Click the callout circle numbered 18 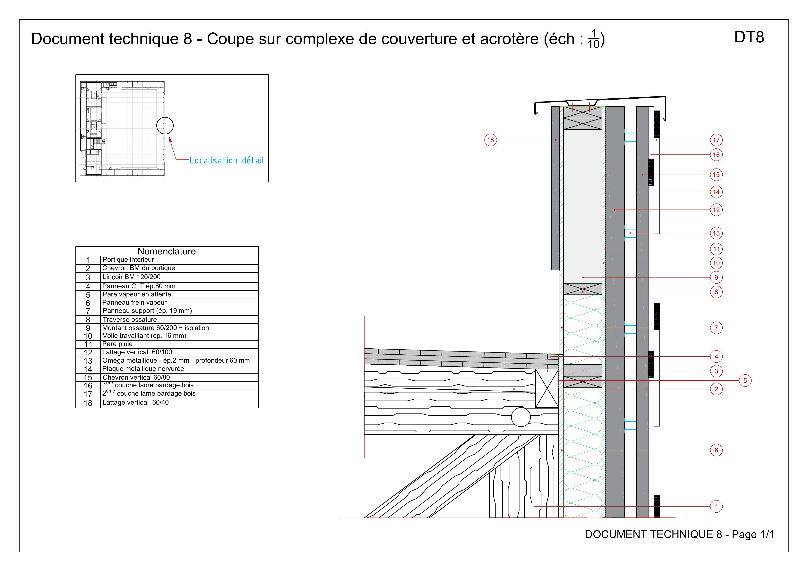tap(490, 140)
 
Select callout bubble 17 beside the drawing tap(716, 140)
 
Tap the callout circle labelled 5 tap(745, 380)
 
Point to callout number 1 tap(716, 506)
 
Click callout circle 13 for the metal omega tap(716, 233)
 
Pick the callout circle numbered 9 tap(716, 277)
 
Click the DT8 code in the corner tap(749, 37)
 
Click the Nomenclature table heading tap(167, 251)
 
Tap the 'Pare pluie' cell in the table tap(117, 344)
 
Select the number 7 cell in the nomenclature tap(88, 311)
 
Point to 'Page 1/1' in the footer tap(753, 534)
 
